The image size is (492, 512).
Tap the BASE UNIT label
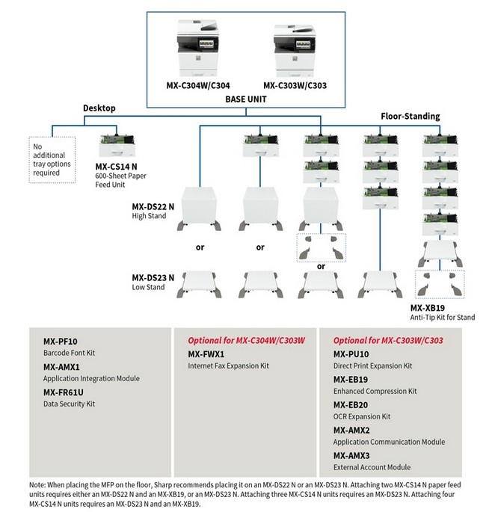tap(246, 97)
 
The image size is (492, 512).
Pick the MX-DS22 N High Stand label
tap(153, 210)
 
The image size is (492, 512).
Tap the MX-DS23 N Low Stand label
tap(153, 281)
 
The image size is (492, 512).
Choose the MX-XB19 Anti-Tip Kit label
tap(442, 312)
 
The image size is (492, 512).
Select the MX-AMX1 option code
tap(63, 368)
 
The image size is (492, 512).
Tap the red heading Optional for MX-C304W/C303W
tap(246, 340)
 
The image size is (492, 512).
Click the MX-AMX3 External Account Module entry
tap(372, 460)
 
